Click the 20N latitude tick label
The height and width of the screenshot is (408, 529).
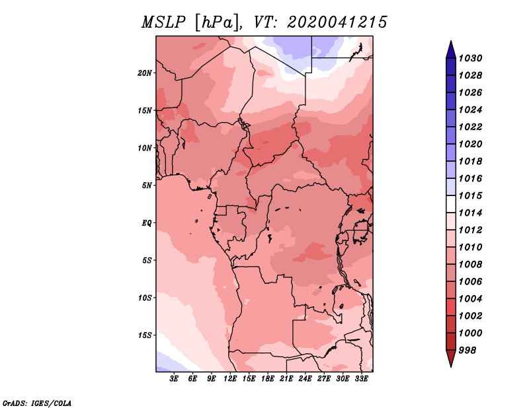pos(145,73)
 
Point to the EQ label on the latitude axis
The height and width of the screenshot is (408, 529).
pos(147,223)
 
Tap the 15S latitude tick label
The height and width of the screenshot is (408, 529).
pos(145,335)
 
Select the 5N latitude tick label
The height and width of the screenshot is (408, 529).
pos(147,186)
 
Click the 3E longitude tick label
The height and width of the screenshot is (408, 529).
pos(173,379)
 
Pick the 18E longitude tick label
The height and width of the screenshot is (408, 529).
pos(268,379)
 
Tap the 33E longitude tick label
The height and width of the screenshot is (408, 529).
pos(361,379)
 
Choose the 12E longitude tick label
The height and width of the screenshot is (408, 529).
pos(229,379)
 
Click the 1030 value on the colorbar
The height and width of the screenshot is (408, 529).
pos(471,58)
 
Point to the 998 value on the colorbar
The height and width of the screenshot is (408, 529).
pos(468,351)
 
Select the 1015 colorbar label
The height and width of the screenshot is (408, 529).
pos(471,195)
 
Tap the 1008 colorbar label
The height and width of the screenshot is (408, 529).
pos(471,265)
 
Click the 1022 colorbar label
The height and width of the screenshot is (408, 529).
pos(471,127)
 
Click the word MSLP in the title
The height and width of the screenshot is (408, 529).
pos(163,22)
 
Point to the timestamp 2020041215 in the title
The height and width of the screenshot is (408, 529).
pos(337,22)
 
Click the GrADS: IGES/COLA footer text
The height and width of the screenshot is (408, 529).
pos(37,403)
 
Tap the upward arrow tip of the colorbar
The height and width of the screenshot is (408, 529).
pos(451,41)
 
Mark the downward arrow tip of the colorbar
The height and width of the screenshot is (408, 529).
pos(451,366)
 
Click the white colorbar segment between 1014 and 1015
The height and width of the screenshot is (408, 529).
pos(451,204)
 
